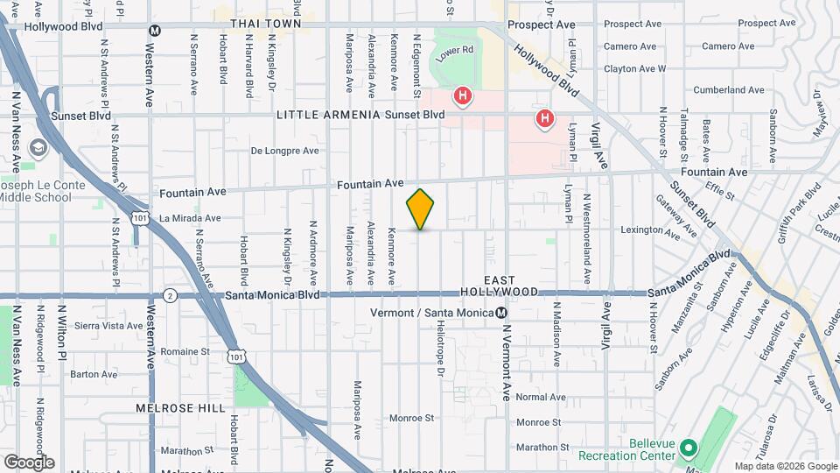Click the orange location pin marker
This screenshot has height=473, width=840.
click(x=421, y=209)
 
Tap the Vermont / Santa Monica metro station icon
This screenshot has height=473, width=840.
click(x=501, y=313)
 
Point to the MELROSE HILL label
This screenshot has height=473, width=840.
click(x=169, y=408)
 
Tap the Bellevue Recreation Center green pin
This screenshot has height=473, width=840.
click(x=688, y=448)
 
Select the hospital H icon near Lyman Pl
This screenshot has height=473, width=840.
click(x=545, y=118)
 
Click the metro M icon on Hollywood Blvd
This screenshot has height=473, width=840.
click(x=155, y=30)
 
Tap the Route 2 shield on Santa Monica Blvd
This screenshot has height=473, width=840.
click(x=170, y=296)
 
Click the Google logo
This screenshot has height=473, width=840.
click(x=29, y=462)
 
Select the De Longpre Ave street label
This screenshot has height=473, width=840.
click(x=284, y=151)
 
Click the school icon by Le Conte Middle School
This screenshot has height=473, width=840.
click(x=38, y=148)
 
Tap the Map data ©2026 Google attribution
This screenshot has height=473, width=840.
click(x=786, y=466)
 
